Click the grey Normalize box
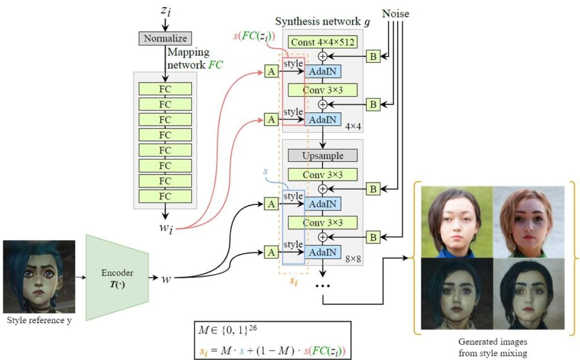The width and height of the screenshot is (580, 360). [165, 39]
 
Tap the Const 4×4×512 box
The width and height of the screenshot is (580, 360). [323, 41]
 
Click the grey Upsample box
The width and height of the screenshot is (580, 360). [323, 155]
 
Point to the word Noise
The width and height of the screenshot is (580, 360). [395, 12]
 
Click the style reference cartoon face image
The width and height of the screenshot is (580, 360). [39, 277]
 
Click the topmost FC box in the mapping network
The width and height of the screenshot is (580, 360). [165, 89]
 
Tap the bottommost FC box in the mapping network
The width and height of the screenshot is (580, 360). [165, 196]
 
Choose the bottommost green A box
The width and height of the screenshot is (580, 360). [271, 252]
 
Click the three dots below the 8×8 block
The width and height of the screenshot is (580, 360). [323, 285]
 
